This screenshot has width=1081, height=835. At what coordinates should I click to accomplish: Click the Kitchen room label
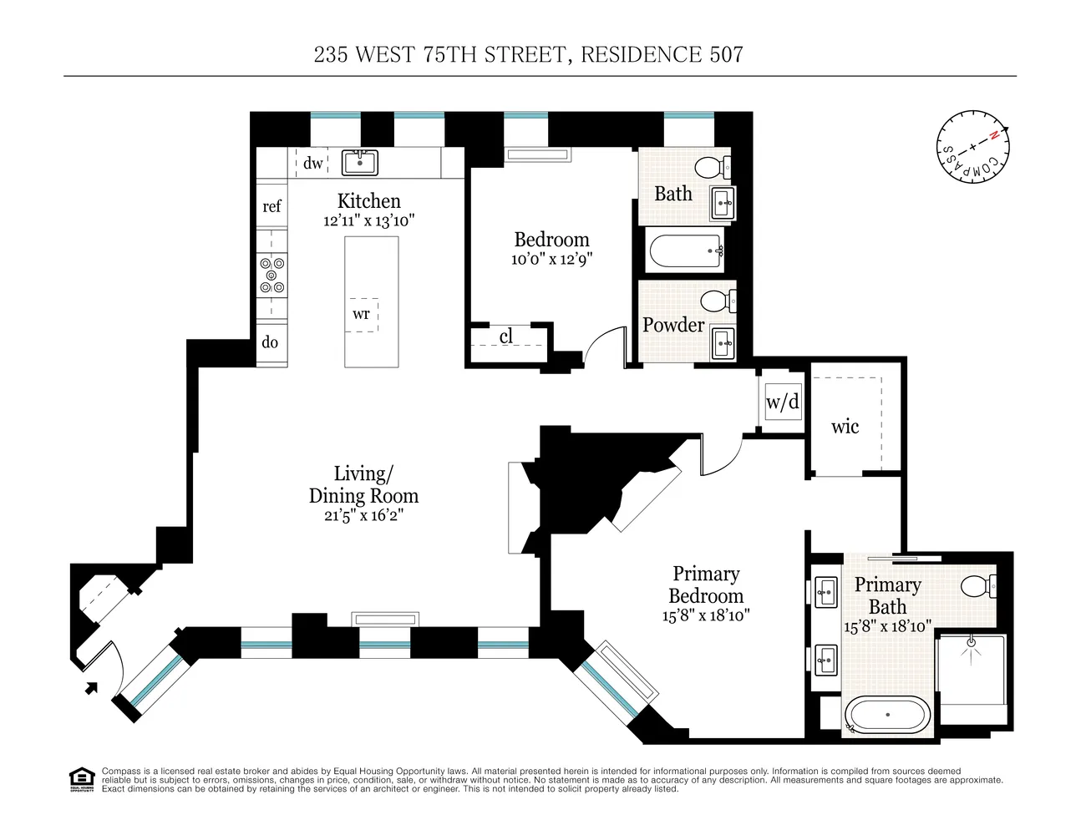pyautogui.click(x=368, y=201)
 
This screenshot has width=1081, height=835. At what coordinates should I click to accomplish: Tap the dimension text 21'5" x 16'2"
pyautogui.click(x=363, y=515)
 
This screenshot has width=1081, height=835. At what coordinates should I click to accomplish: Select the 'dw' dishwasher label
pyautogui.click(x=312, y=163)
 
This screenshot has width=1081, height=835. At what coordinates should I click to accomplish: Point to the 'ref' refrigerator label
pyautogui.click(x=272, y=206)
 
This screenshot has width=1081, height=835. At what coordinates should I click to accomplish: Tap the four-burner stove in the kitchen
pyautogui.click(x=272, y=275)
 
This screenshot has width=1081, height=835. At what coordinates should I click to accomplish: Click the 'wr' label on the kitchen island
pyautogui.click(x=361, y=314)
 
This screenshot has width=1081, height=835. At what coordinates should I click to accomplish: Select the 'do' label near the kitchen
pyautogui.click(x=270, y=342)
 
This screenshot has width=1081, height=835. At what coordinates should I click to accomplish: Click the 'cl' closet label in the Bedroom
pyautogui.click(x=506, y=337)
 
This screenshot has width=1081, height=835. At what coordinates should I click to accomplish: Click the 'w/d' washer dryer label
pyautogui.click(x=783, y=402)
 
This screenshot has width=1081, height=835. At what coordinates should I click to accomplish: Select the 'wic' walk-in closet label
pyautogui.click(x=845, y=427)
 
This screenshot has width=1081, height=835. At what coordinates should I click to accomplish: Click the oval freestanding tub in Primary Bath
pyautogui.click(x=886, y=716)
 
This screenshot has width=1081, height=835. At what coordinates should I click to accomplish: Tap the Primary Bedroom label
pyautogui.click(x=706, y=584)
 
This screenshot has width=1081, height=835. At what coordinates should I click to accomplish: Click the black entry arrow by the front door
pyautogui.click(x=91, y=687)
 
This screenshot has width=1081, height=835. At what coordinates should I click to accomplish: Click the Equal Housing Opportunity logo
pyautogui.click(x=80, y=777)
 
